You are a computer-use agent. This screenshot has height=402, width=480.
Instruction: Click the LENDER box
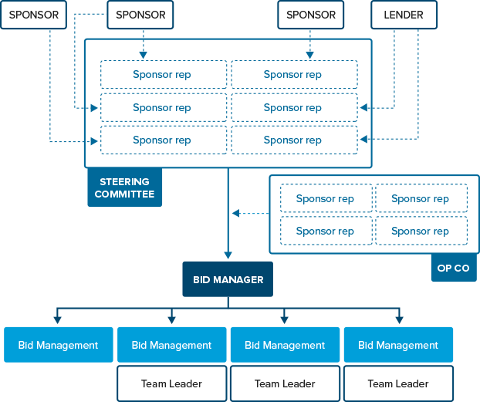coord(403,15)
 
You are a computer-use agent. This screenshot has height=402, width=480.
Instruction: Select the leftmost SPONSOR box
coord(34,15)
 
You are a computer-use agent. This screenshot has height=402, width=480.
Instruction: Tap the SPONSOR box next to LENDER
coord(311,15)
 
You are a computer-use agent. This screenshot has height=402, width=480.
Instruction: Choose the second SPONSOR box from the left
coord(140,15)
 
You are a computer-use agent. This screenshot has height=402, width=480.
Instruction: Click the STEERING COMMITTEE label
coord(124,188)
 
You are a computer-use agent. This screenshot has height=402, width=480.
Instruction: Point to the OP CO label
coord(453,268)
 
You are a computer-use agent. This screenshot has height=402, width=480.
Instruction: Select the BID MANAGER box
coord(228,280)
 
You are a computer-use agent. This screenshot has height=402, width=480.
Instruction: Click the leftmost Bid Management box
coord(58,345)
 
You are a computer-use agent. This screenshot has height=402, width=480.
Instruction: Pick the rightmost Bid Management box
coord(398,345)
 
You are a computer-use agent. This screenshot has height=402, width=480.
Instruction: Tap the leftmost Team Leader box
coord(171,383)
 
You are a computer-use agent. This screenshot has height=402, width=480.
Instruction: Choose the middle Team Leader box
coord(285,383)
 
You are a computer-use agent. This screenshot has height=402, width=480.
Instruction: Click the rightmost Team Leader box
coord(398,383)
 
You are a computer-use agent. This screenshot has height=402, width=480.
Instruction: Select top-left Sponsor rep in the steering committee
coord(164,75)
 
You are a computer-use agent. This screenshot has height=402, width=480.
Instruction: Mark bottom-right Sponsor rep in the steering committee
coord(294,140)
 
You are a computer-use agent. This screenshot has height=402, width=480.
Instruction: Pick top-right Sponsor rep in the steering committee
coord(294,75)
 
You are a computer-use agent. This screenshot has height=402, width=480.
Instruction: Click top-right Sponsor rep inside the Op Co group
coord(421,198)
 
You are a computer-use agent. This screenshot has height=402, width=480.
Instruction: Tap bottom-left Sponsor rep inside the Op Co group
coord(326,231)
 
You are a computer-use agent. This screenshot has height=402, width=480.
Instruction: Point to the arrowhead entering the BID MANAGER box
coord(228,255)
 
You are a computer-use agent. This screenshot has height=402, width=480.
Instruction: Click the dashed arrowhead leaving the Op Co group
coord(235,213)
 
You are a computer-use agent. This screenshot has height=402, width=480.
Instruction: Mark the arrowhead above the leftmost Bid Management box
coord(58,319)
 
